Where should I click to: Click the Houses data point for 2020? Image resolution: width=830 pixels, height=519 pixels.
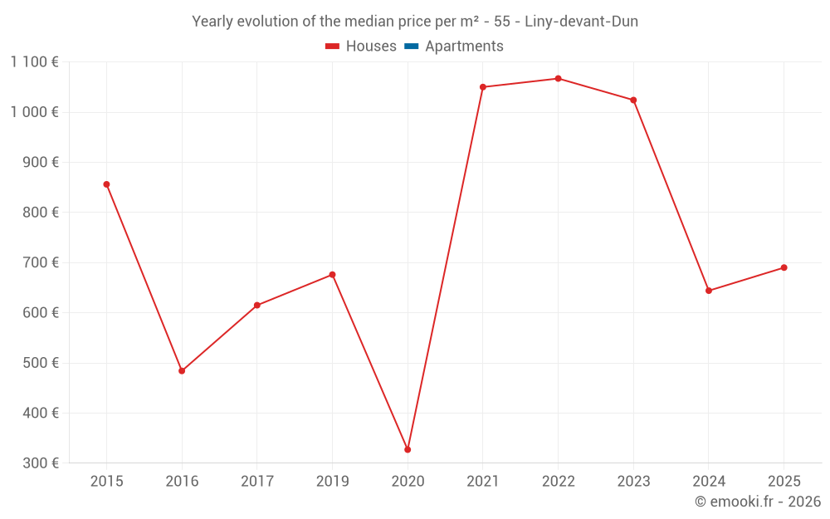point(408,449)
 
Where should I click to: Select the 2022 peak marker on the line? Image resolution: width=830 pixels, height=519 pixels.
point(558,79)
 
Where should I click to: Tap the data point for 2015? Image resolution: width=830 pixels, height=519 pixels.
point(106,184)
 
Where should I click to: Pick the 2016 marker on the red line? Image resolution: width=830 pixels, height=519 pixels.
point(182,371)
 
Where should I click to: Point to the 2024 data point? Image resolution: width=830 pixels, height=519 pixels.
point(709,291)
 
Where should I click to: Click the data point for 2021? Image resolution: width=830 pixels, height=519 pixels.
point(483,87)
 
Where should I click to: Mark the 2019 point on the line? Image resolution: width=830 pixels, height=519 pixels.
point(332,275)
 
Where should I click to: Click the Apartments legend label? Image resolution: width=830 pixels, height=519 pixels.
point(464,47)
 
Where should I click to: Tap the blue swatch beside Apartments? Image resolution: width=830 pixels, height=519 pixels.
point(411,47)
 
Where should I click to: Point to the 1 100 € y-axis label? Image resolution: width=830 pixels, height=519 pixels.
point(34,61)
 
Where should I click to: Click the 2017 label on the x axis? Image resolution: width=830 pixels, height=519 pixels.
point(256,481)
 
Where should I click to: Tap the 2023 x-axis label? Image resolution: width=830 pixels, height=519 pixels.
point(633,481)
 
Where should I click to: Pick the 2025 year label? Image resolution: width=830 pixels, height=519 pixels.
point(784,481)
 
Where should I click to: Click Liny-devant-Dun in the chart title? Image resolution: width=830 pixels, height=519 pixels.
point(581,22)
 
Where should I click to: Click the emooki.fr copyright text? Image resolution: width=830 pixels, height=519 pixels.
point(758,502)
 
